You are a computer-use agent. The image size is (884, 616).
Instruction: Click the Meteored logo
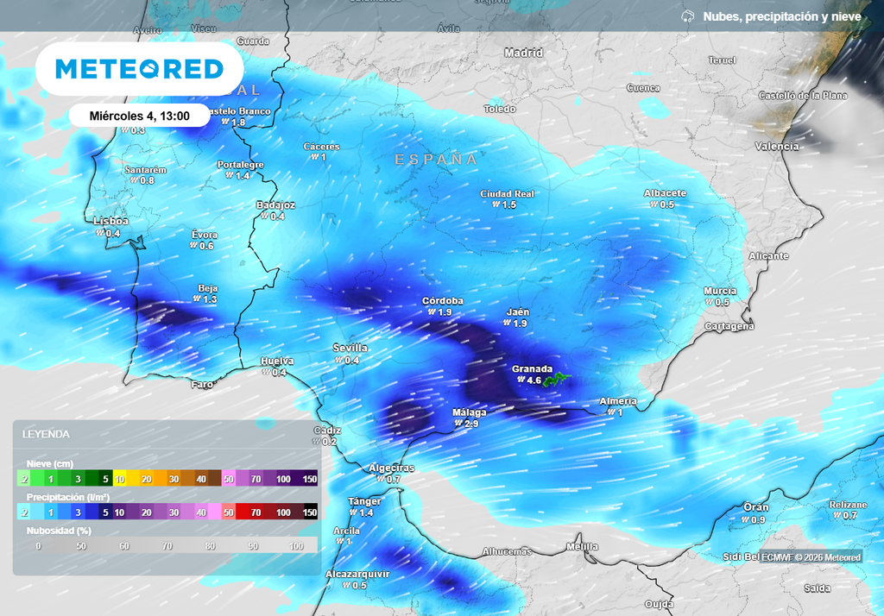click(139, 69)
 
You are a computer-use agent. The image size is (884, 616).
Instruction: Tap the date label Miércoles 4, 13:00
click(138, 115)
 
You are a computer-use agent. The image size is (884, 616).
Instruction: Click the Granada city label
click(532, 368)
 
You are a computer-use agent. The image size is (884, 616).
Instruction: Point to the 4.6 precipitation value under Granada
click(533, 380)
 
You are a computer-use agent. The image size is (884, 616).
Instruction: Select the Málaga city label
click(470, 412)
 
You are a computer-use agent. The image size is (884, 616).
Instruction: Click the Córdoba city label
click(443, 301)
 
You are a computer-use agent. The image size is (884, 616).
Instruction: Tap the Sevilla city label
click(350, 348)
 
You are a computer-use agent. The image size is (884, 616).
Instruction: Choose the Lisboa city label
click(110, 222)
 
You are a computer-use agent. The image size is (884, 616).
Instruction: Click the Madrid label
click(523, 53)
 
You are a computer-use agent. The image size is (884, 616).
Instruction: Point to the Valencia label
click(777, 147)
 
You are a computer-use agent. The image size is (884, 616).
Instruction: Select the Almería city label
click(618, 401)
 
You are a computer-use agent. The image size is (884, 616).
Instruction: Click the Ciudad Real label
click(508, 194)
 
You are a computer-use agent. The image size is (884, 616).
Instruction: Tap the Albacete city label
click(665, 193)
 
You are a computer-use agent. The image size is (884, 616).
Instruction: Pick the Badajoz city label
click(276, 205)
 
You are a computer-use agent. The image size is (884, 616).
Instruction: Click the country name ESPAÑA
click(436, 160)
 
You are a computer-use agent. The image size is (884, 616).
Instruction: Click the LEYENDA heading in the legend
click(46, 434)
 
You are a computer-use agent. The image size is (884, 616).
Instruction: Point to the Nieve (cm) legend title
click(49, 463)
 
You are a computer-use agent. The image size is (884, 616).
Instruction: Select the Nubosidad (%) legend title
click(59, 531)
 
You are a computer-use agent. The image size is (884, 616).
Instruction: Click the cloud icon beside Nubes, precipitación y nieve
click(688, 16)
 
